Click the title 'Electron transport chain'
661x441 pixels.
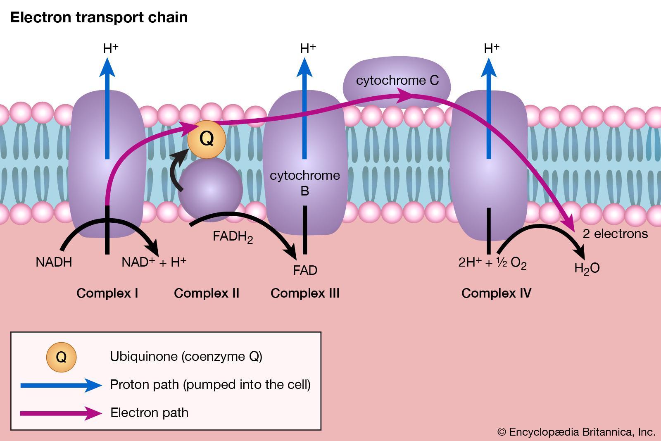(x=99, y=17)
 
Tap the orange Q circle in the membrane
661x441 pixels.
(x=207, y=139)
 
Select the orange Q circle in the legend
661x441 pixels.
(x=61, y=357)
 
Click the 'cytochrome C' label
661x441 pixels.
(x=397, y=80)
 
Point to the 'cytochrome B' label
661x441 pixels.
(x=305, y=183)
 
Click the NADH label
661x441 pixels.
(x=54, y=262)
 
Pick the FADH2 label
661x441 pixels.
(x=233, y=237)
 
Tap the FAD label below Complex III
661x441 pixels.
(x=305, y=270)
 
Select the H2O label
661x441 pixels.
(x=587, y=269)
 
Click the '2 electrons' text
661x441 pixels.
(x=615, y=234)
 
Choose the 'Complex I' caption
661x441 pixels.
(x=107, y=293)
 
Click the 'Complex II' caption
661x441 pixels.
(x=207, y=293)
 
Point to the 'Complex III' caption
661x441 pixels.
(x=305, y=293)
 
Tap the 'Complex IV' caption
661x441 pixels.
(x=496, y=293)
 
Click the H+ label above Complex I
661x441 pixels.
(x=110, y=48)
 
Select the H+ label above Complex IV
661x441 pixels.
(x=491, y=48)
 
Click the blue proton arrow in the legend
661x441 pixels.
(x=61, y=385)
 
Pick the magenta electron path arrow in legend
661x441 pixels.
(x=61, y=413)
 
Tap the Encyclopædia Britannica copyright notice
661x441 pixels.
(x=576, y=432)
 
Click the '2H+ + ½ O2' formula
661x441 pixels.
(x=492, y=263)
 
